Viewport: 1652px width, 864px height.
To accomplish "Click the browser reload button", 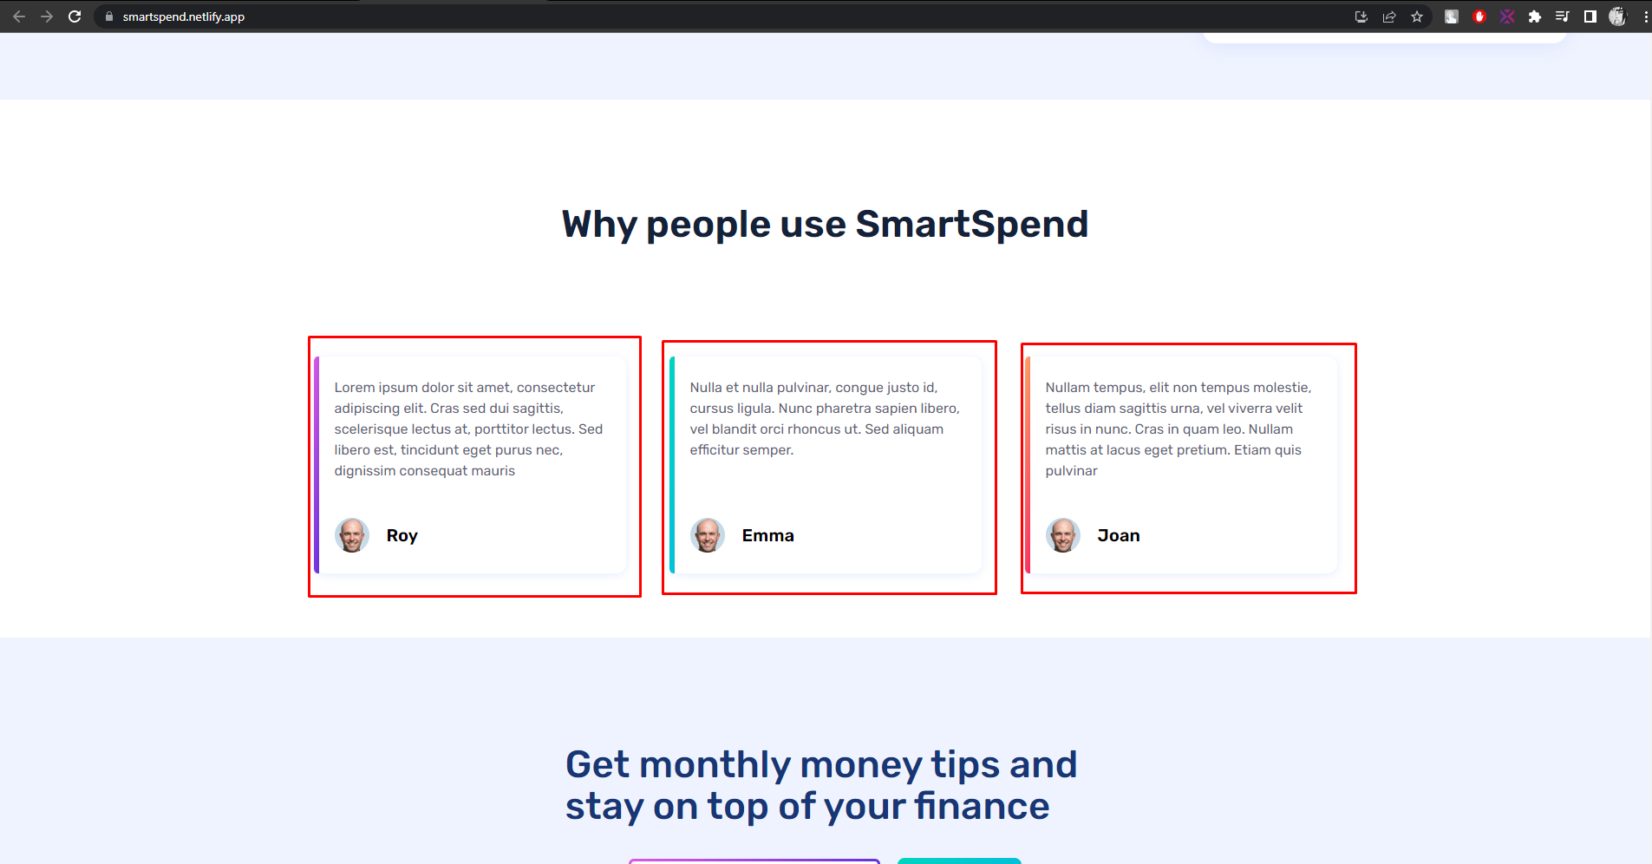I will [x=75, y=16].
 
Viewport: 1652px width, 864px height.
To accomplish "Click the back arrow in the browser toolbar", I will [x=19, y=16].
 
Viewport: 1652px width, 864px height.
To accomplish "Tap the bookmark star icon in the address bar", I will [x=1417, y=16].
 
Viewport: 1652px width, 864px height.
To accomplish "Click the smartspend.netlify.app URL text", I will [x=183, y=16].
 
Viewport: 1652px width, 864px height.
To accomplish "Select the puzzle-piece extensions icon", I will [x=1535, y=16].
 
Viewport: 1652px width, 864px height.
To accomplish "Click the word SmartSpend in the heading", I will [x=971, y=224].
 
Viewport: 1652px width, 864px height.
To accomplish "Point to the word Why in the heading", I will [x=599, y=224].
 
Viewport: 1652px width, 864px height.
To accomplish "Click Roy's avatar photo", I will [x=352, y=535].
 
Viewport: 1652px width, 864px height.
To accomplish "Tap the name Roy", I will [x=402, y=536].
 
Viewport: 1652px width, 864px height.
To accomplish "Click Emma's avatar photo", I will [x=708, y=535].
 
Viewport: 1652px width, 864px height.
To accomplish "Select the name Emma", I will [x=767, y=536].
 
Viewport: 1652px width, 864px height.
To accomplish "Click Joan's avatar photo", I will [x=1063, y=535].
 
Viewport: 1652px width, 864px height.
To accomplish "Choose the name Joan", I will [x=1118, y=536].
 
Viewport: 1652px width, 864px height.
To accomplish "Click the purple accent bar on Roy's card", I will [x=317, y=465].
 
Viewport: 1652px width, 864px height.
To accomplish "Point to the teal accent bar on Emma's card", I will [x=672, y=465].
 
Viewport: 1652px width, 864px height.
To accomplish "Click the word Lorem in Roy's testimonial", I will [x=354, y=388].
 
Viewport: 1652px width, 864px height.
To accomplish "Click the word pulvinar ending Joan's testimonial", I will [x=1071, y=471].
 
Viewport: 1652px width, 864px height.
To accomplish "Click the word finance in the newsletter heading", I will [x=982, y=806].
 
